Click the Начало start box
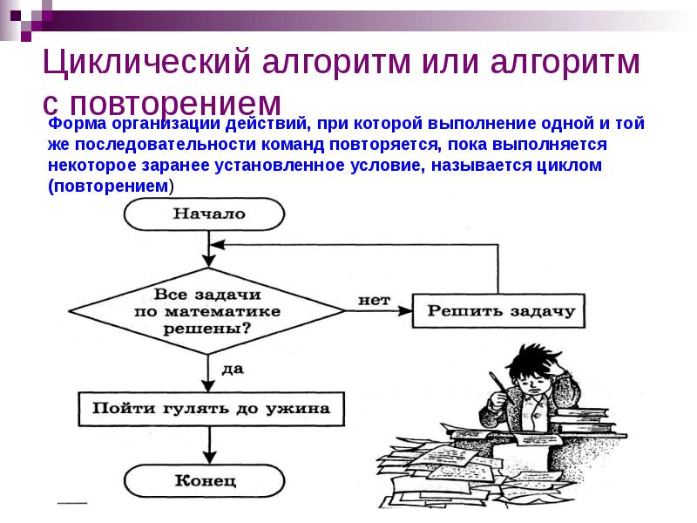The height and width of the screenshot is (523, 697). click(x=204, y=214)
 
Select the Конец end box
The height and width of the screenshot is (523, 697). click(x=204, y=481)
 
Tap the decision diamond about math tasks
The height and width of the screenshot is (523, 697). click(x=207, y=311)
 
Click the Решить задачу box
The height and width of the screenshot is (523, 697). click(x=498, y=310)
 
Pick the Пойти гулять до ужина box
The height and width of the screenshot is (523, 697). click(x=211, y=409)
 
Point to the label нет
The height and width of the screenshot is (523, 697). click(x=375, y=300)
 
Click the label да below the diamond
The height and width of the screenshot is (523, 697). click(x=233, y=369)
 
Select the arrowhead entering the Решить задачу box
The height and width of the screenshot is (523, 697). click(x=405, y=311)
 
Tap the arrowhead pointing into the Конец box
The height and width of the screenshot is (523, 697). click(x=209, y=458)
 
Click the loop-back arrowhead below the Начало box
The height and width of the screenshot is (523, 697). click(x=217, y=245)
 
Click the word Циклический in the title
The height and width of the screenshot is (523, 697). click(x=147, y=61)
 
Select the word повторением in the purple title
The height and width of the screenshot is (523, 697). click(x=176, y=104)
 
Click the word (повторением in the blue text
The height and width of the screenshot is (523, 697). click(x=108, y=186)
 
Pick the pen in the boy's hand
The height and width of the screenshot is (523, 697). click(x=502, y=386)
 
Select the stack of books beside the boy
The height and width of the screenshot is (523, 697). click(x=581, y=420)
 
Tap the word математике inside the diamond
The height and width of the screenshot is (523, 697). click(x=222, y=311)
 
